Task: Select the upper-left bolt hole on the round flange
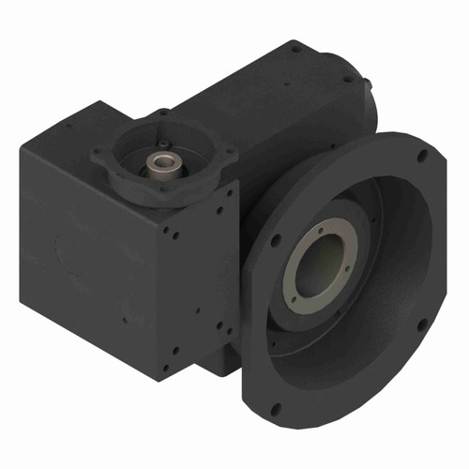tap(274, 241)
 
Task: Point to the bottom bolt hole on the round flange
tap(277, 408)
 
